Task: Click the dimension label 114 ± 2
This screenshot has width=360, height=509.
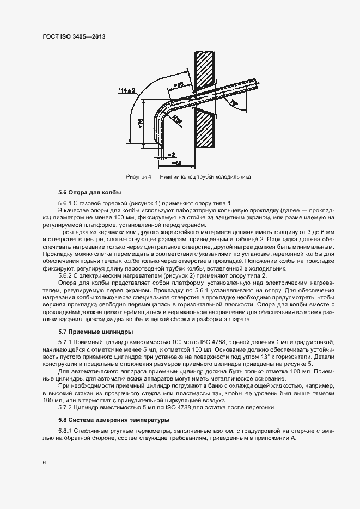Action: coord(126,90)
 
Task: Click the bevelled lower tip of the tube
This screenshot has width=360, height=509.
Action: coord(159,144)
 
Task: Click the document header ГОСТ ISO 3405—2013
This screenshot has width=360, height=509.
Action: coord(74,36)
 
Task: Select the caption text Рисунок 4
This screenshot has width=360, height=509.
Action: coord(139,177)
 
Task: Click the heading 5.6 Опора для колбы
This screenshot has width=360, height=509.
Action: coord(90,193)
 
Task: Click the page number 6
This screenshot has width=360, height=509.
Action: coord(44,463)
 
